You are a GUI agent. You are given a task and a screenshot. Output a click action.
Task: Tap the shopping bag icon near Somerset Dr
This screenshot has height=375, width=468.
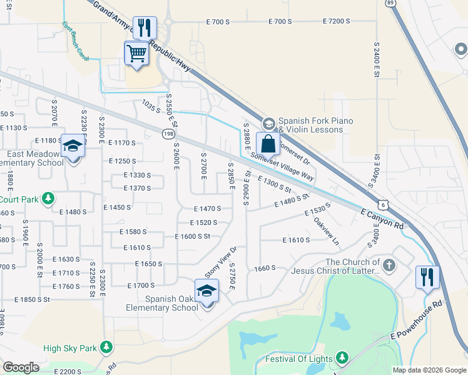click(x=268, y=143)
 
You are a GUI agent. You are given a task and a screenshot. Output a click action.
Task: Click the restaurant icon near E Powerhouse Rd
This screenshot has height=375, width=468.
click(x=427, y=277)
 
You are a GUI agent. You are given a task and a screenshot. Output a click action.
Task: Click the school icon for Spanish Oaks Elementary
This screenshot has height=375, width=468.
click(x=206, y=292)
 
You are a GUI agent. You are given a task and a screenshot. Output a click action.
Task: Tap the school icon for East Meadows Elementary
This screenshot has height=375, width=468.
click(x=73, y=147)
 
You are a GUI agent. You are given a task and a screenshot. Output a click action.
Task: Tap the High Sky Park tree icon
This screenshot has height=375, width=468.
click(x=106, y=347)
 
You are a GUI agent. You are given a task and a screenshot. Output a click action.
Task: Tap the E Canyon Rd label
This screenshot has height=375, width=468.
click(x=382, y=217)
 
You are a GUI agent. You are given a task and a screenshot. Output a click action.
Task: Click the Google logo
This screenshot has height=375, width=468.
click(x=21, y=367)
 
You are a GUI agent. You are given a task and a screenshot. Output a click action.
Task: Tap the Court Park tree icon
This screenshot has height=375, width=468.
click(x=46, y=199)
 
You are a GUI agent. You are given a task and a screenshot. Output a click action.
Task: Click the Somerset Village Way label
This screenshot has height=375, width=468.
click(x=282, y=167)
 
